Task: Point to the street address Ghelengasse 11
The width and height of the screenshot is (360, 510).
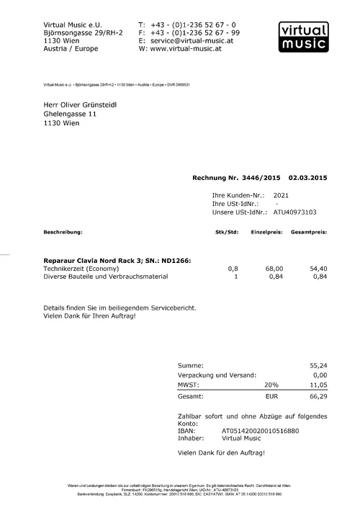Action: pyautogui.click(x=70, y=114)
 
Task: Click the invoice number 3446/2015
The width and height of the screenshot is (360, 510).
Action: pyautogui.click(x=259, y=177)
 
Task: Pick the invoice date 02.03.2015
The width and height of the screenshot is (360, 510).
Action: pyautogui.click(x=307, y=177)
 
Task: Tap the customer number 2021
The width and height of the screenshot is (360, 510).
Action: pyautogui.click(x=282, y=195)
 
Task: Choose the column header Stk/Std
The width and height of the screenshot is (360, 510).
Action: pyautogui.click(x=227, y=233)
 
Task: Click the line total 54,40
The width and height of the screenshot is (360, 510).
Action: pyautogui.click(x=318, y=268)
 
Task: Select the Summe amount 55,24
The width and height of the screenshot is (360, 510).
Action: pyautogui.click(x=318, y=366)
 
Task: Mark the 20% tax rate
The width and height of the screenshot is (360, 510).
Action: pyautogui.click(x=271, y=385)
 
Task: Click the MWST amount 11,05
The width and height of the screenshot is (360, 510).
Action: pyautogui.click(x=318, y=385)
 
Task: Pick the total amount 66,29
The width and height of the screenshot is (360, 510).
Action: pyautogui.click(x=318, y=396)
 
